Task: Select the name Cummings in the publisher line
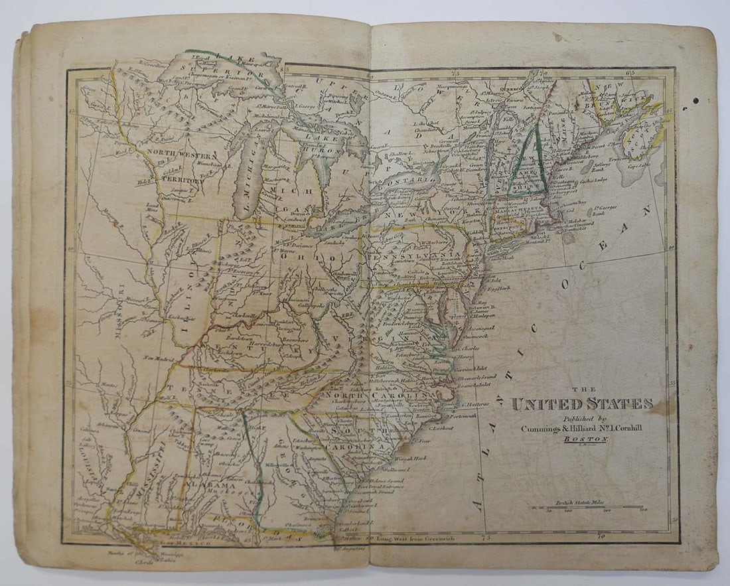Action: pyautogui.click(x=543, y=429)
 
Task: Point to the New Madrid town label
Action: pyautogui.click(x=159, y=358)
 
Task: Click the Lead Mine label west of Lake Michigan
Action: pyautogui.click(x=152, y=208)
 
